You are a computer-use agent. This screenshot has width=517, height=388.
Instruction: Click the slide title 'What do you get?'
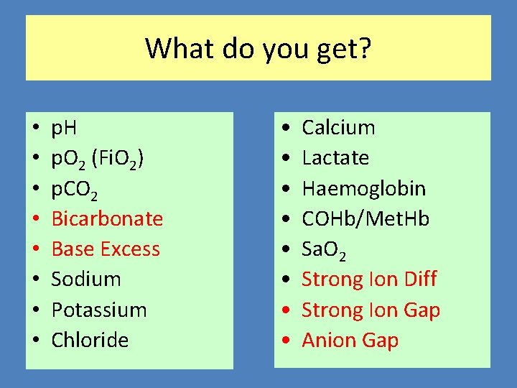coord(258,49)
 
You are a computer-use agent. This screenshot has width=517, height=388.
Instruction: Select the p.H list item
coord(65,129)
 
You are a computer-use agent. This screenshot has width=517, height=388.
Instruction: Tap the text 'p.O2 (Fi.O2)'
coord(98,159)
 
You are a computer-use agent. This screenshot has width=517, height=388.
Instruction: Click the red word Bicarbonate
coord(107,218)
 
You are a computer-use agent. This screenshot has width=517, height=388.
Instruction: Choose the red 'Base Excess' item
coord(106,249)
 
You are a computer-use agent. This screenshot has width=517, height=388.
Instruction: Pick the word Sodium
coord(86,279)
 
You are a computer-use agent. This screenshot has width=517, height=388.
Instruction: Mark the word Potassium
coord(99,310)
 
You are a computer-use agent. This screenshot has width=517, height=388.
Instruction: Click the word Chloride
coord(90,340)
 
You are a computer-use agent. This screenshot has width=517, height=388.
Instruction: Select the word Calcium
coord(338,128)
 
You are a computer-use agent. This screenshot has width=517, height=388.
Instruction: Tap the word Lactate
coord(335,158)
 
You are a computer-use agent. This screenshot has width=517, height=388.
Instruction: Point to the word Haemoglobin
coord(363,189)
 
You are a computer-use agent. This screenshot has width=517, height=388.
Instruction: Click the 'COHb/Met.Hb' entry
coord(365,218)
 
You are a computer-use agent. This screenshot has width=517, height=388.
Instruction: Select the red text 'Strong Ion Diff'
coord(369,279)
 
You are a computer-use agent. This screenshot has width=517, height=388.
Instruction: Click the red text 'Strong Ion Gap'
coord(371,310)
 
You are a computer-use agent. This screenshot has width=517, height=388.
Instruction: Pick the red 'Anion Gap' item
coord(350,340)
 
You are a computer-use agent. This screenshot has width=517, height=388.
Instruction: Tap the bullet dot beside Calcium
coord(287,128)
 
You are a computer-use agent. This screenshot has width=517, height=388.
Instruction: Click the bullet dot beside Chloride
coord(36,341)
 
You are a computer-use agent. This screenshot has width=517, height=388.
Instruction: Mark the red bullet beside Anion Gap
coord(287,341)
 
